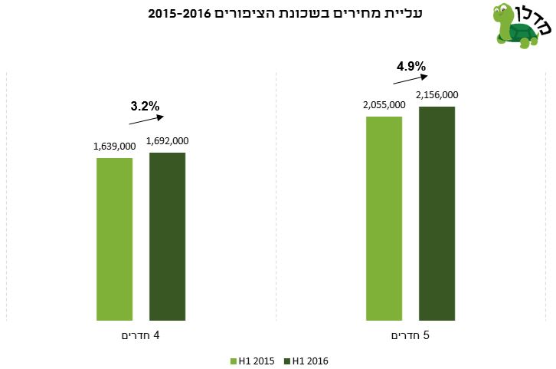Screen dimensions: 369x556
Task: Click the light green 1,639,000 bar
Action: [114, 239]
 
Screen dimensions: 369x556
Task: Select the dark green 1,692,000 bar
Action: [167, 236]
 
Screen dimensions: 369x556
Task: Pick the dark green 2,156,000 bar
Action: [437, 213]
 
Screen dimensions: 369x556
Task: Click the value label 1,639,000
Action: [114, 147]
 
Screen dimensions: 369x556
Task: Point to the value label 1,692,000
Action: [167, 141]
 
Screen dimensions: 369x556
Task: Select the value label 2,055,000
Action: [383, 104]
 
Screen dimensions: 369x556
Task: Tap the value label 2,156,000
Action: [437, 95]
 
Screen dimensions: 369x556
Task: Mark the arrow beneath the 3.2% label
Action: [145, 119]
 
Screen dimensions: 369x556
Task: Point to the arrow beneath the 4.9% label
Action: [410, 77]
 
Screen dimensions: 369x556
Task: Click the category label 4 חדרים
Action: [141, 336]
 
